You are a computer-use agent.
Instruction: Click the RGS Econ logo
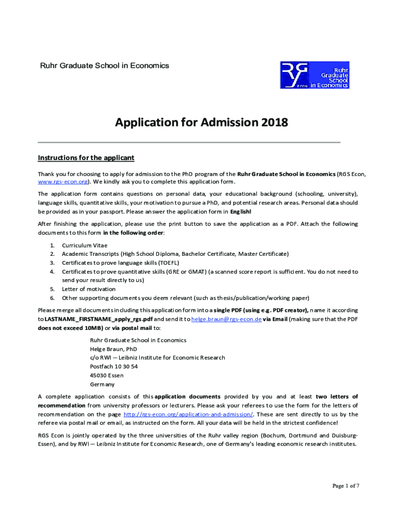(x=315, y=75)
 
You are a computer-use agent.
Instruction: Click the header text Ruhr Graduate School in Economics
(x=105, y=66)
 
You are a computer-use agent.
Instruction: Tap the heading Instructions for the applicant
(x=86, y=157)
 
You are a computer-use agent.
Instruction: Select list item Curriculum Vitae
(x=85, y=245)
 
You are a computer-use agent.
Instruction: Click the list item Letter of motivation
(x=89, y=289)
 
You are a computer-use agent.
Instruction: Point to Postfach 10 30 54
(x=113, y=366)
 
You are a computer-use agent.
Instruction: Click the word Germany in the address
(x=103, y=384)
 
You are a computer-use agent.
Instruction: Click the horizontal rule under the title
(x=189, y=142)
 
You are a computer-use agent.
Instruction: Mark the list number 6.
(x=52, y=297)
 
